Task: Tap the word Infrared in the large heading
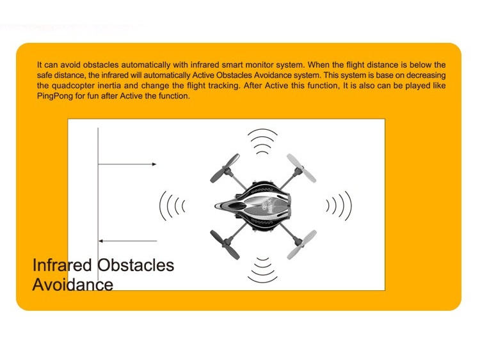point(62,265)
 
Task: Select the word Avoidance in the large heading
point(73,285)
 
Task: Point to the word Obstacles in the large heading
point(136,265)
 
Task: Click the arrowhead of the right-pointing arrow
point(154,164)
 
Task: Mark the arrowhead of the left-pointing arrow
point(100,241)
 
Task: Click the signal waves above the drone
point(262,141)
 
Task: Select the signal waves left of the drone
point(172,206)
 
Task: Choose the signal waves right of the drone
point(339,206)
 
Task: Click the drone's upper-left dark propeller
point(225,168)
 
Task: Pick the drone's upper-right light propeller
point(301,168)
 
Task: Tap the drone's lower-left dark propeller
point(225,245)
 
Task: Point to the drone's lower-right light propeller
point(301,245)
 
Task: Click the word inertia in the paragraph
point(109,86)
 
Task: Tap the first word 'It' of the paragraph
point(40,65)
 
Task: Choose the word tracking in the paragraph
point(224,86)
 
